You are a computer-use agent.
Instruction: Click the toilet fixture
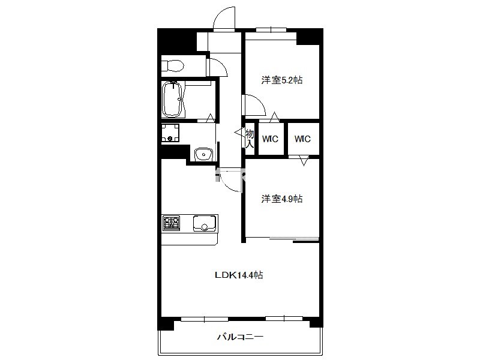(x=172, y=65)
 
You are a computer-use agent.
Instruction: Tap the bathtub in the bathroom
(x=172, y=99)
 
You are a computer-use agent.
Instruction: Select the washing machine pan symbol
(x=170, y=133)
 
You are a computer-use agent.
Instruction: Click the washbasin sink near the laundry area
(x=204, y=154)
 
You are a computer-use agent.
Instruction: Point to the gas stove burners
(x=172, y=223)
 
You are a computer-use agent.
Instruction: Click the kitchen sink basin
(x=205, y=223)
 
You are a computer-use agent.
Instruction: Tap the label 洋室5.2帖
(x=282, y=80)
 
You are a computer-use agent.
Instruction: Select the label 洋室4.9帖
(x=282, y=199)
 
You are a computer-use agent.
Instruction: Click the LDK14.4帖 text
(x=239, y=275)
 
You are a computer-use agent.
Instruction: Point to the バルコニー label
(x=241, y=337)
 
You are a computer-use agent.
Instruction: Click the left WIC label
(x=271, y=139)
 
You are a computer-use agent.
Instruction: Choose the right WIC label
(x=302, y=139)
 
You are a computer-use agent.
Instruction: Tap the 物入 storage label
(x=250, y=139)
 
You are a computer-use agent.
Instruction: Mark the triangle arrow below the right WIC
(x=304, y=161)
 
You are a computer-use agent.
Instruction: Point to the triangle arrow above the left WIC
(x=275, y=117)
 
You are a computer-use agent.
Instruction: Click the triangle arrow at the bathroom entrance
(x=211, y=118)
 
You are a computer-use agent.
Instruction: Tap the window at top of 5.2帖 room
(x=271, y=29)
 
